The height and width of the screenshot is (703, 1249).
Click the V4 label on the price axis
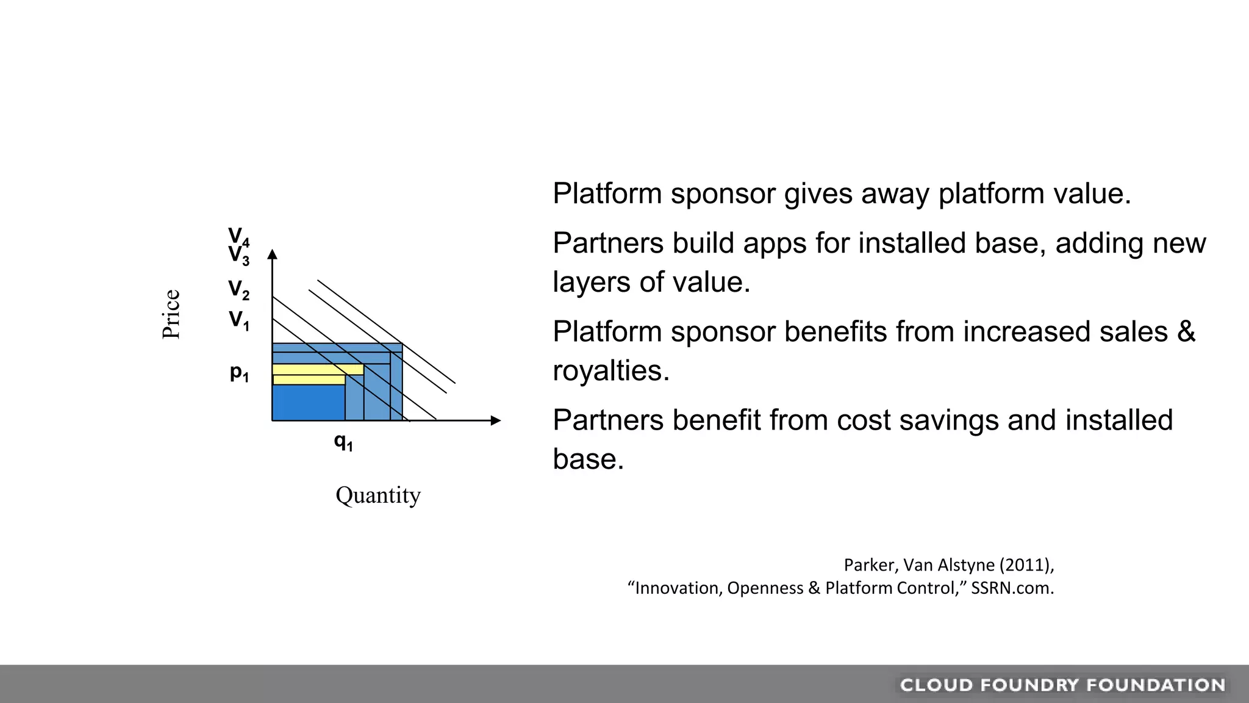coord(238,236)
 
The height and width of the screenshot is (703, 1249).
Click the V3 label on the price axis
coord(238,255)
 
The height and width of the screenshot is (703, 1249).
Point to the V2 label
coord(238,289)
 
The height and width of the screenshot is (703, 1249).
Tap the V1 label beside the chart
coord(238,320)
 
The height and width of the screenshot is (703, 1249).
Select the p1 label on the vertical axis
coord(239,372)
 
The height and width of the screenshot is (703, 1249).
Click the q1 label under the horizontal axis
coord(343,441)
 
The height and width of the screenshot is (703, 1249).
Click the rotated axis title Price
coord(171,314)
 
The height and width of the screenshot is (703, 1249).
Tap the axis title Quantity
coord(378,495)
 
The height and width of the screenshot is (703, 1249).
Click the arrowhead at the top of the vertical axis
coord(273,254)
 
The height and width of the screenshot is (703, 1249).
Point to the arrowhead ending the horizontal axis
coord(495,420)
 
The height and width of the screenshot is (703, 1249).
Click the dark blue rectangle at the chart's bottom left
coord(308,403)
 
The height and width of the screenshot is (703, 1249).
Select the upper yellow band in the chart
coord(317,370)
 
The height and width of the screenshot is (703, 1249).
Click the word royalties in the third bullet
coord(610,371)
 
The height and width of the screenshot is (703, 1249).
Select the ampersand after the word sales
coord(1186,332)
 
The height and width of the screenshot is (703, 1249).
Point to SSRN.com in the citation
coord(1012,588)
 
